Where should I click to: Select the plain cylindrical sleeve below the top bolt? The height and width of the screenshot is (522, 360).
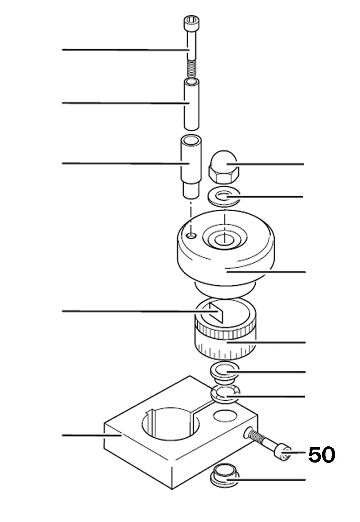192,104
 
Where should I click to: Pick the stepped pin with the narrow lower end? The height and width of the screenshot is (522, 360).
191,167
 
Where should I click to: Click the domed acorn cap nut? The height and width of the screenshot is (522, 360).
223,167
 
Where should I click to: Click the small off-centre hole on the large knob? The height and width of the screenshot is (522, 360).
192,236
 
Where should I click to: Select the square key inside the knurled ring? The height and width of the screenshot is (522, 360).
216,313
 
